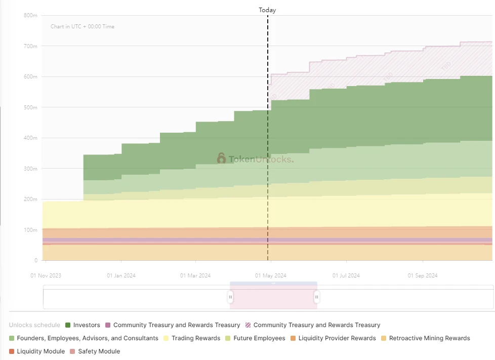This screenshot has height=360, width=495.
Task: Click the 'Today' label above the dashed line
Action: click(x=267, y=10)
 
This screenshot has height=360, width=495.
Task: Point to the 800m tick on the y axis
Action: click(x=30, y=16)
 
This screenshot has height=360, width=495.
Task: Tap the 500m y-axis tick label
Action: click(x=30, y=107)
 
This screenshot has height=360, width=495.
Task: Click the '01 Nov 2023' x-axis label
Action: click(x=46, y=276)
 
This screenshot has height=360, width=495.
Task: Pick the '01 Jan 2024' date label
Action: click(x=121, y=276)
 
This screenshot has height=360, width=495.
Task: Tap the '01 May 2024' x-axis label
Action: click(x=271, y=276)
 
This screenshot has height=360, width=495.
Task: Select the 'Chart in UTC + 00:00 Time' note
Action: click(x=82, y=26)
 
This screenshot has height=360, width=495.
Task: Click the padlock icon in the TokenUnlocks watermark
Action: click(x=221, y=158)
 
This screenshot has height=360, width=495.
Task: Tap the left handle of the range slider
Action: click(x=230, y=297)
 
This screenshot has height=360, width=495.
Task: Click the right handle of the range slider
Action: click(x=317, y=297)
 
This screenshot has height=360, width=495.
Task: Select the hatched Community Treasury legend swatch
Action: click(x=248, y=325)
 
